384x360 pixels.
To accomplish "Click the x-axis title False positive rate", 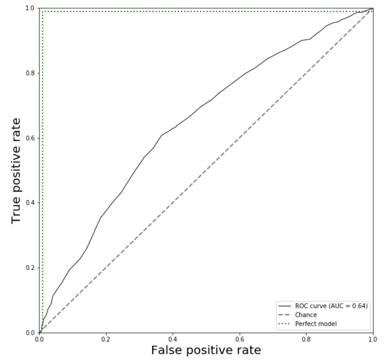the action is coord(206,350).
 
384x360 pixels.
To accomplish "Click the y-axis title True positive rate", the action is coord(16,171).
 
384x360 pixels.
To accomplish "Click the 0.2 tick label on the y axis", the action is coord(30,268).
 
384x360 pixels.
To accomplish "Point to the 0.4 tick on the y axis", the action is coord(30,203).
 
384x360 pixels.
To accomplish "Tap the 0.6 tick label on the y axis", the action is coord(30,138).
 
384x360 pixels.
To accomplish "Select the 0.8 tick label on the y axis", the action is coord(30,73).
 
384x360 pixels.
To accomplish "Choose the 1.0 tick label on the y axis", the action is coord(30,8).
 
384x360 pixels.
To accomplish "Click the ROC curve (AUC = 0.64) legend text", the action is coord(331,306).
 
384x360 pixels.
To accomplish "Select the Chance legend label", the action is coord(306,315).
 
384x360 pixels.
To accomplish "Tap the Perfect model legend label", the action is coord(316,324).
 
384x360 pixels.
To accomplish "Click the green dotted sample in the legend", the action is coord(284,324).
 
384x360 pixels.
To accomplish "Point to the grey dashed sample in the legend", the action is coord(284,315).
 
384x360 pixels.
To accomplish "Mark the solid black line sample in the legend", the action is coord(284,306).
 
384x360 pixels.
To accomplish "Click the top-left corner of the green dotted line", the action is coord(43,12).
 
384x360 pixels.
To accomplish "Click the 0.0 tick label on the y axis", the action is coord(30,332).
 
